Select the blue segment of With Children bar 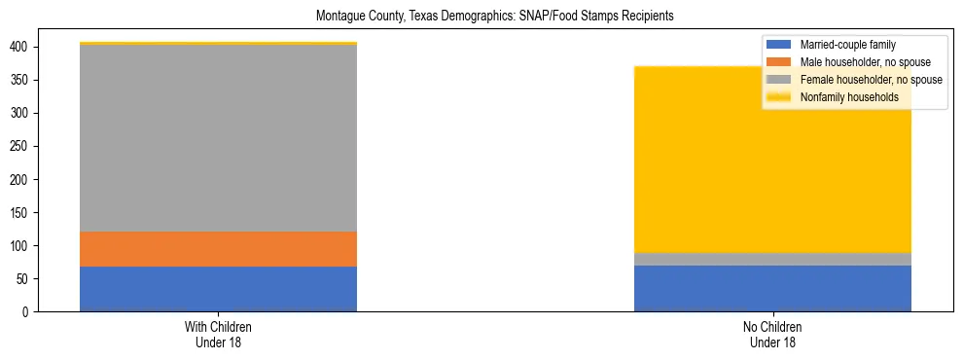point(218,289)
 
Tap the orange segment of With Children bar point(218,249)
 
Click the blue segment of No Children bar point(772,288)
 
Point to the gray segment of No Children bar point(772,259)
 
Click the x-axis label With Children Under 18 point(218,335)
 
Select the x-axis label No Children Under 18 point(772,335)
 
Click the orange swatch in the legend point(779,62)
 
